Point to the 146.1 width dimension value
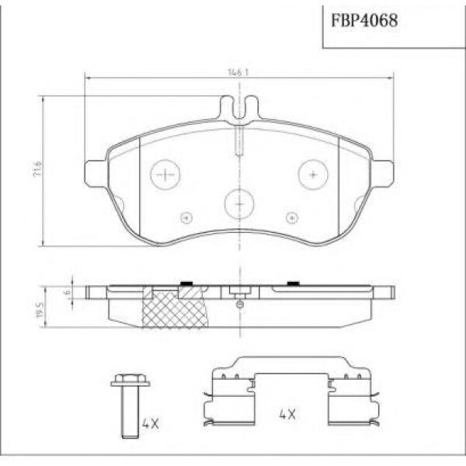click(238, 71)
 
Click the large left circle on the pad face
click(165, 175)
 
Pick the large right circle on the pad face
click(313, 175)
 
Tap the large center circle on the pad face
click(239, 203)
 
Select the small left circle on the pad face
click(185, 217)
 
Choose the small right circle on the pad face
click(292, 217)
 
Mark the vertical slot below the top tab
click(239, 140)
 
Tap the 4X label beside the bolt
click(151, 424)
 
